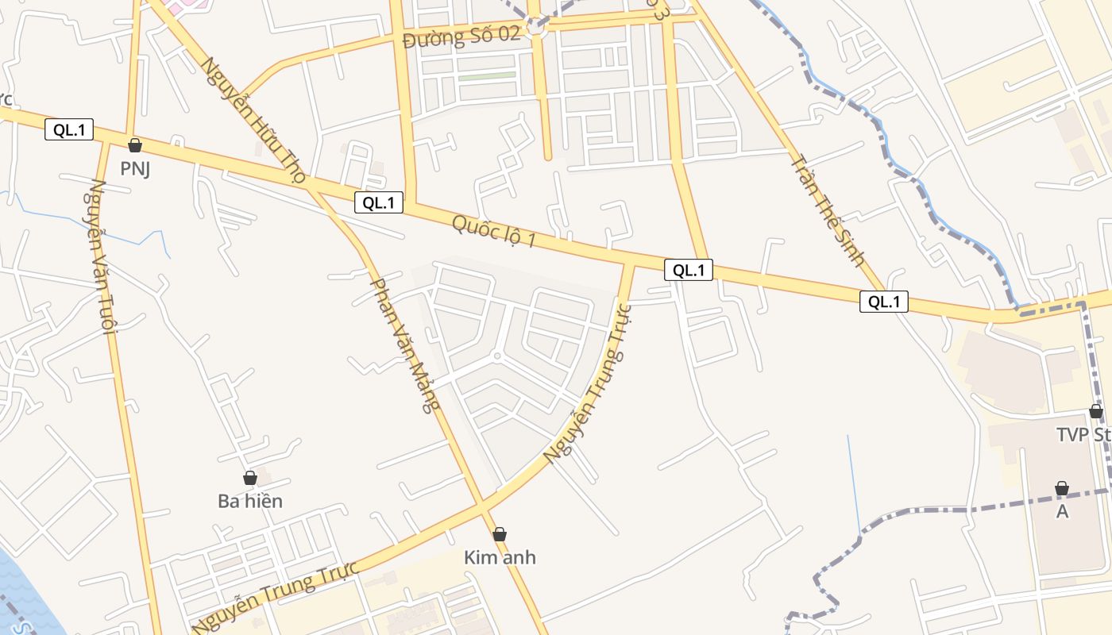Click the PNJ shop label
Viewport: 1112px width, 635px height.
click(135, 168)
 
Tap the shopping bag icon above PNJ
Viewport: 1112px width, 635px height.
click(135, 145)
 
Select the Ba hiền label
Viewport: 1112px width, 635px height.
click(250, 501)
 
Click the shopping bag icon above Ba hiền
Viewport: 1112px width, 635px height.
click(250, 478)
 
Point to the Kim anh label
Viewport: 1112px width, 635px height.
click(500, 557)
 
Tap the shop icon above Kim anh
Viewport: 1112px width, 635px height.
click(500, 534)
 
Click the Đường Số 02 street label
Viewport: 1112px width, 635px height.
click(461, 37)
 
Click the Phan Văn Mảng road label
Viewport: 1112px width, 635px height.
click(404, 345)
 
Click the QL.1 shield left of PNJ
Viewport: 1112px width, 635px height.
click(69, 130)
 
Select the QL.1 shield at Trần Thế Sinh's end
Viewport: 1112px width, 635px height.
click(883, 302)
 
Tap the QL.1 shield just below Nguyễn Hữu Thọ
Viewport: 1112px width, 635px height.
click(379, 202)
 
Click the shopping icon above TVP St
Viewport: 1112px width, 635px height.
click(1096, 411)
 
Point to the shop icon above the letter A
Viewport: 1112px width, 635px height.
click(1062, 488)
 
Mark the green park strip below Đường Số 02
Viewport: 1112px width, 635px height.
click(486, 77)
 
